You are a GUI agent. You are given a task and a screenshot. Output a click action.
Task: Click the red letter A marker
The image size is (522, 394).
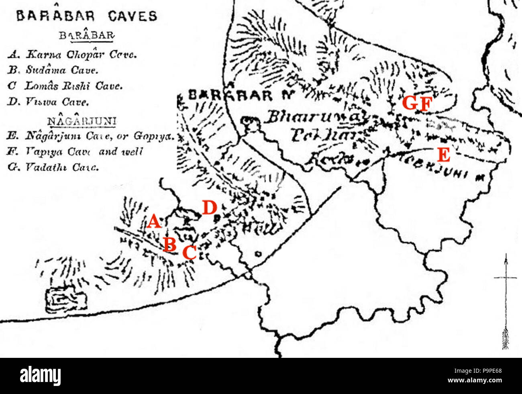[x=153, y=222]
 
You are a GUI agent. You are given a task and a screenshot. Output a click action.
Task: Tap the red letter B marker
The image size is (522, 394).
[x=170, y=244]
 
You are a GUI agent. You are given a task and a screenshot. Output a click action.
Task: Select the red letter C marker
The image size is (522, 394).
[x=189, y=253]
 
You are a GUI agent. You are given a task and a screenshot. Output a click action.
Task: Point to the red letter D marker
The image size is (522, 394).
[x=209, y=208]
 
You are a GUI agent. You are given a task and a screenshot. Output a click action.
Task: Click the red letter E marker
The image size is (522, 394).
[x=443, y=155]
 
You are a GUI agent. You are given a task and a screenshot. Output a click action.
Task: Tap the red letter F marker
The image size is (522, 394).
[x=425, y=104]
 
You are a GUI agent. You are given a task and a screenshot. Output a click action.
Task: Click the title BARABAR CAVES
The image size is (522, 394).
[x=86, y=16]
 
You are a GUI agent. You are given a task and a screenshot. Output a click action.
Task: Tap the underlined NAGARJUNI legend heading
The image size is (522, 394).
[x=82, y=121]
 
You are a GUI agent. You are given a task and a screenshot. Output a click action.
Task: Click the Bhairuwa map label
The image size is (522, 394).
[x=314, y=117]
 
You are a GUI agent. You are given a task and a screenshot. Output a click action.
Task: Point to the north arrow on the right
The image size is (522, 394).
[x=505, y=301]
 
